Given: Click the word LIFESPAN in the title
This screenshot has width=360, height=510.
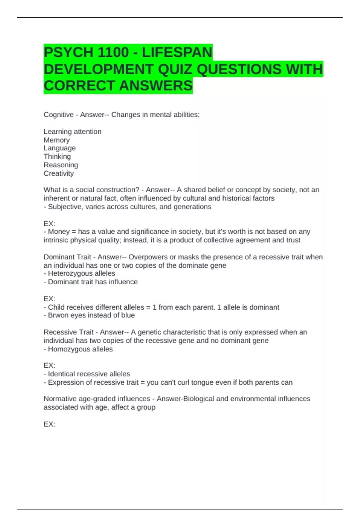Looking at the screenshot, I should point(177,52).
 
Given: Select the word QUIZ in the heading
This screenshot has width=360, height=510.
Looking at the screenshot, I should point(175,69).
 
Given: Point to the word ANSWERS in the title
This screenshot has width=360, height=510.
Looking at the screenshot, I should point(156,86).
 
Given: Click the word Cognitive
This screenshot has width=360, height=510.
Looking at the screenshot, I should point(58,115).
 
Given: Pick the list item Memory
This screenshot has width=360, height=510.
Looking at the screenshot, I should point(57,140).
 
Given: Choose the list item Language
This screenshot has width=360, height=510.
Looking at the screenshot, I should point(59,148).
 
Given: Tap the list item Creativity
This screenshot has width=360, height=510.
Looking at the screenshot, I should point(58,173).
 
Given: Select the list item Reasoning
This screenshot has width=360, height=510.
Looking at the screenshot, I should point(61,165).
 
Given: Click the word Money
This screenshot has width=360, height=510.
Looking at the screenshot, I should point(59,232).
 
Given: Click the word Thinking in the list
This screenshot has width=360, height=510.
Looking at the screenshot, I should point(57,157).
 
